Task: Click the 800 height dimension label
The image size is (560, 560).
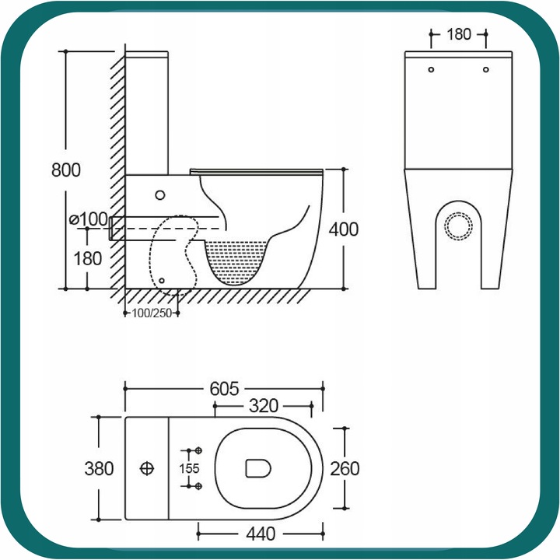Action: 66,170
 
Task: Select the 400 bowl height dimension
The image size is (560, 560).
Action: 344,229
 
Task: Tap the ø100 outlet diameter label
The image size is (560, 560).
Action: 88,219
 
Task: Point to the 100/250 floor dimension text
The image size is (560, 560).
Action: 152,313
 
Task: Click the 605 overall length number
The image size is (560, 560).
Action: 224,389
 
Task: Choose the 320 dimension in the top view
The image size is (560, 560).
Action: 264,406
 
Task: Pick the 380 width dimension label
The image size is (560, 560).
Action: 99,468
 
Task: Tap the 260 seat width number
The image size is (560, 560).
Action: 345,469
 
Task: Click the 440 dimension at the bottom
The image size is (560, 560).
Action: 261,534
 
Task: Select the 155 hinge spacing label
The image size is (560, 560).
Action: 189,468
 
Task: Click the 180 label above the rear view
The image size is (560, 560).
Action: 459,34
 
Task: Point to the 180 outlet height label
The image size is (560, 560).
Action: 87,258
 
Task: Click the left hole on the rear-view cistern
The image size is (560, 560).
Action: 431,70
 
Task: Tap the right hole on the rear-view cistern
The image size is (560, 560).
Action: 485,70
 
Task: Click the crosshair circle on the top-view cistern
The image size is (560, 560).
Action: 147,468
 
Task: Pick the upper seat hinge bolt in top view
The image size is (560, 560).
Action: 198,450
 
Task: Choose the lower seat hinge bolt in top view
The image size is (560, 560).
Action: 198,486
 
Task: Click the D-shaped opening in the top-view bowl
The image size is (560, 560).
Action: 258,468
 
